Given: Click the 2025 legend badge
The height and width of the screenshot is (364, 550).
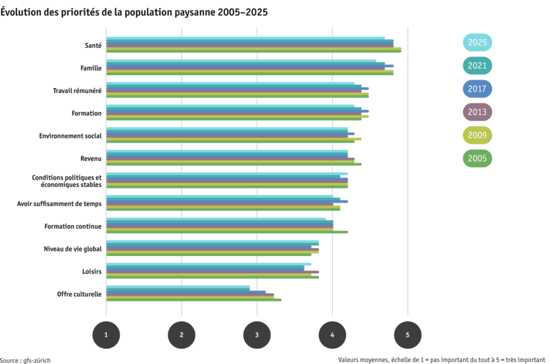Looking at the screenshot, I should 477,43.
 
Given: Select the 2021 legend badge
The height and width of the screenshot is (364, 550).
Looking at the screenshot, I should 477,66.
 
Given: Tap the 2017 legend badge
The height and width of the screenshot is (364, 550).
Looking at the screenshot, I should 477,89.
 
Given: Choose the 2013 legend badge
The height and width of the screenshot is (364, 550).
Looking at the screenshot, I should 477,112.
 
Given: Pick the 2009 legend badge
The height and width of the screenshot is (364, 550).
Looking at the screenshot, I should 477,135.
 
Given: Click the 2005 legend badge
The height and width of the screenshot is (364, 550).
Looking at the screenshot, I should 477,158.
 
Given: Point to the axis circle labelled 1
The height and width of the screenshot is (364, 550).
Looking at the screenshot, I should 106,335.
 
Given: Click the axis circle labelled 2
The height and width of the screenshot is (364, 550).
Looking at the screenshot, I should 182,335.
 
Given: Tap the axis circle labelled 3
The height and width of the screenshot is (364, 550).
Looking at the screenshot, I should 257,335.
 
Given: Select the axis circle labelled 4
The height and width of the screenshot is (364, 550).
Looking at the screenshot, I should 332,335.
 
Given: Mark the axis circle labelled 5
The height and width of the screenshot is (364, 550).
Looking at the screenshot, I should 408,335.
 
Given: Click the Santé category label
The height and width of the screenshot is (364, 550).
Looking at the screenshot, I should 93,45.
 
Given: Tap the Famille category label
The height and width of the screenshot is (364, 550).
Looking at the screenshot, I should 91,68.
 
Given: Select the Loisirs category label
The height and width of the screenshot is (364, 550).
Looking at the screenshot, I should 91,271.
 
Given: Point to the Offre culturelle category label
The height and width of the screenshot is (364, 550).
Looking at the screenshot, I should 79,294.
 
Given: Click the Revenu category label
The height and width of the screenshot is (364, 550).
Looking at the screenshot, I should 91,158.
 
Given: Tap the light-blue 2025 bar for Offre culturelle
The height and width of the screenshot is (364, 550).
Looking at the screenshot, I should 178,286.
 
